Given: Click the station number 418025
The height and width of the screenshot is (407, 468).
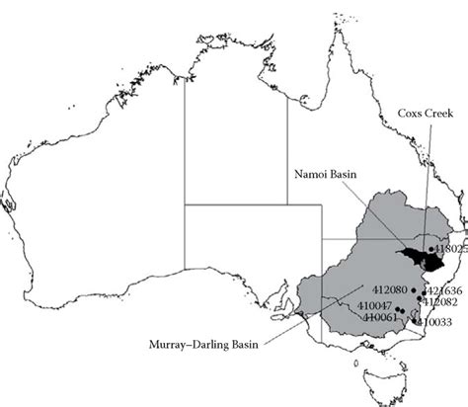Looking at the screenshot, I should (x=450, y=251).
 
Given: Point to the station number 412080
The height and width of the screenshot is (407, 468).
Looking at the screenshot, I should (x=380, y=289).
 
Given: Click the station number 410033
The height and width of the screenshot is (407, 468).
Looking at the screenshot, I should (x=435, y=322).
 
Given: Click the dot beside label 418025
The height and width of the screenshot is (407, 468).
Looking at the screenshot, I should (x=431, y=250).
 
